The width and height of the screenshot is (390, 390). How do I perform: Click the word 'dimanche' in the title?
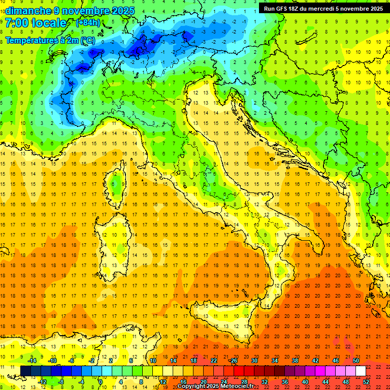tap(28, 11)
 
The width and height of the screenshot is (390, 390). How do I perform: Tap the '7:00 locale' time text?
tap(36, 23)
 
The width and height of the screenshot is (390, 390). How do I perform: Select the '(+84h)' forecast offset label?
tap(88, 23)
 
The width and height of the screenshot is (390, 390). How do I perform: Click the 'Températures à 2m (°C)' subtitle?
tap(50, 40)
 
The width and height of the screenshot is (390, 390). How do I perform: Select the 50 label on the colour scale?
tap(355, 361)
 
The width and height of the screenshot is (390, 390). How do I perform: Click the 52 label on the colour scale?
tap(366, 381)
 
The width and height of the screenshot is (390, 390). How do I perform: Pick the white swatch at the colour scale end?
tap(361, 371)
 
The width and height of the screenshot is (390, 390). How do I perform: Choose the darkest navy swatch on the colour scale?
tap(26, 371)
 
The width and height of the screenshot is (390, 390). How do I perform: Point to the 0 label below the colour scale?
tap(100, 381)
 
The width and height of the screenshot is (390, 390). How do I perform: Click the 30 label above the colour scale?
tap(254, 361)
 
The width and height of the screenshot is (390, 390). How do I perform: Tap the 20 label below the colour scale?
tap(203, 381)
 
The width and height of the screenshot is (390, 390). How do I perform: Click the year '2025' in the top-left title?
tap(122, 11)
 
